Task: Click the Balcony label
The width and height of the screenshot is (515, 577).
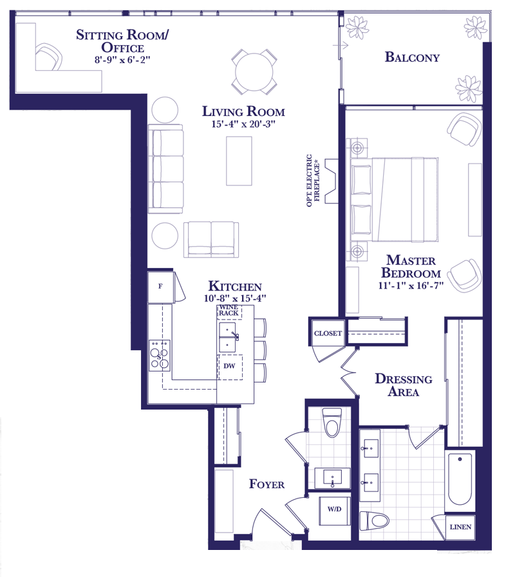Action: point(412,57)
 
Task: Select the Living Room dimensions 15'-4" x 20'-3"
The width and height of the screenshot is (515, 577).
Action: point(243,124)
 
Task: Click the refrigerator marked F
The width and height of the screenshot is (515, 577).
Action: point(160,287)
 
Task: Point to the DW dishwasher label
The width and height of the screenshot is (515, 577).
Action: point(229,366)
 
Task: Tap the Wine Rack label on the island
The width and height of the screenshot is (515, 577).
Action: point(229,310)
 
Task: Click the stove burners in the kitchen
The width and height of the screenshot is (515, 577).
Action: point(159,355)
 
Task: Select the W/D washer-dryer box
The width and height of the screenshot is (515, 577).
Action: point(334,511)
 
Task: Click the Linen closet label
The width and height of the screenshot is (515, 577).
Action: point(460,527)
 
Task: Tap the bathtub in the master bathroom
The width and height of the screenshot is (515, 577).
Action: point(460,479)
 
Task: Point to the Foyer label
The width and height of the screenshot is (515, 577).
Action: point(267,484)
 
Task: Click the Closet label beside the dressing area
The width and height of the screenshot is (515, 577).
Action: point(328,334)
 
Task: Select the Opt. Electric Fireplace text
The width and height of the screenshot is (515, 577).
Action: point(313,180)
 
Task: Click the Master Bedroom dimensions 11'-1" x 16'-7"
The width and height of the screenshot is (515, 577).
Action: point(411,285)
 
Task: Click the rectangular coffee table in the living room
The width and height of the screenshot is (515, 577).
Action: point(239,161)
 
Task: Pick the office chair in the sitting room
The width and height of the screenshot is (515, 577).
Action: point(48,57)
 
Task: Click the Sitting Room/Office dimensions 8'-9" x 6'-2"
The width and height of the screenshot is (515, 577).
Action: point(122,60)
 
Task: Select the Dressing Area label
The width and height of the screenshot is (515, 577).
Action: point(404,385)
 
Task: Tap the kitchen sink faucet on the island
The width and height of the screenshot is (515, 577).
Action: point(236,336)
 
